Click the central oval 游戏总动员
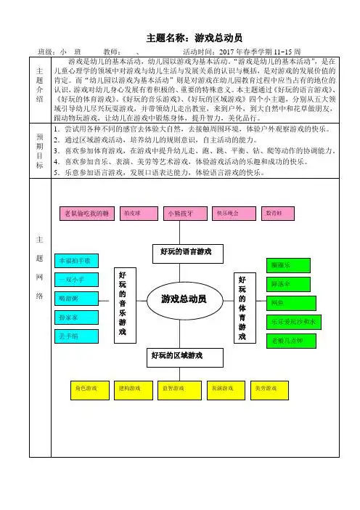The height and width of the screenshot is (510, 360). (x=179, y=299)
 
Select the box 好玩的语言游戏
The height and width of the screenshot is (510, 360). (x=181, y=252)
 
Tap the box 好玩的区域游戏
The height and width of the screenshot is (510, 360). (x=176, y=355)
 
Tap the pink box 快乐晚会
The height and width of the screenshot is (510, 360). (x=227, y=213)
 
